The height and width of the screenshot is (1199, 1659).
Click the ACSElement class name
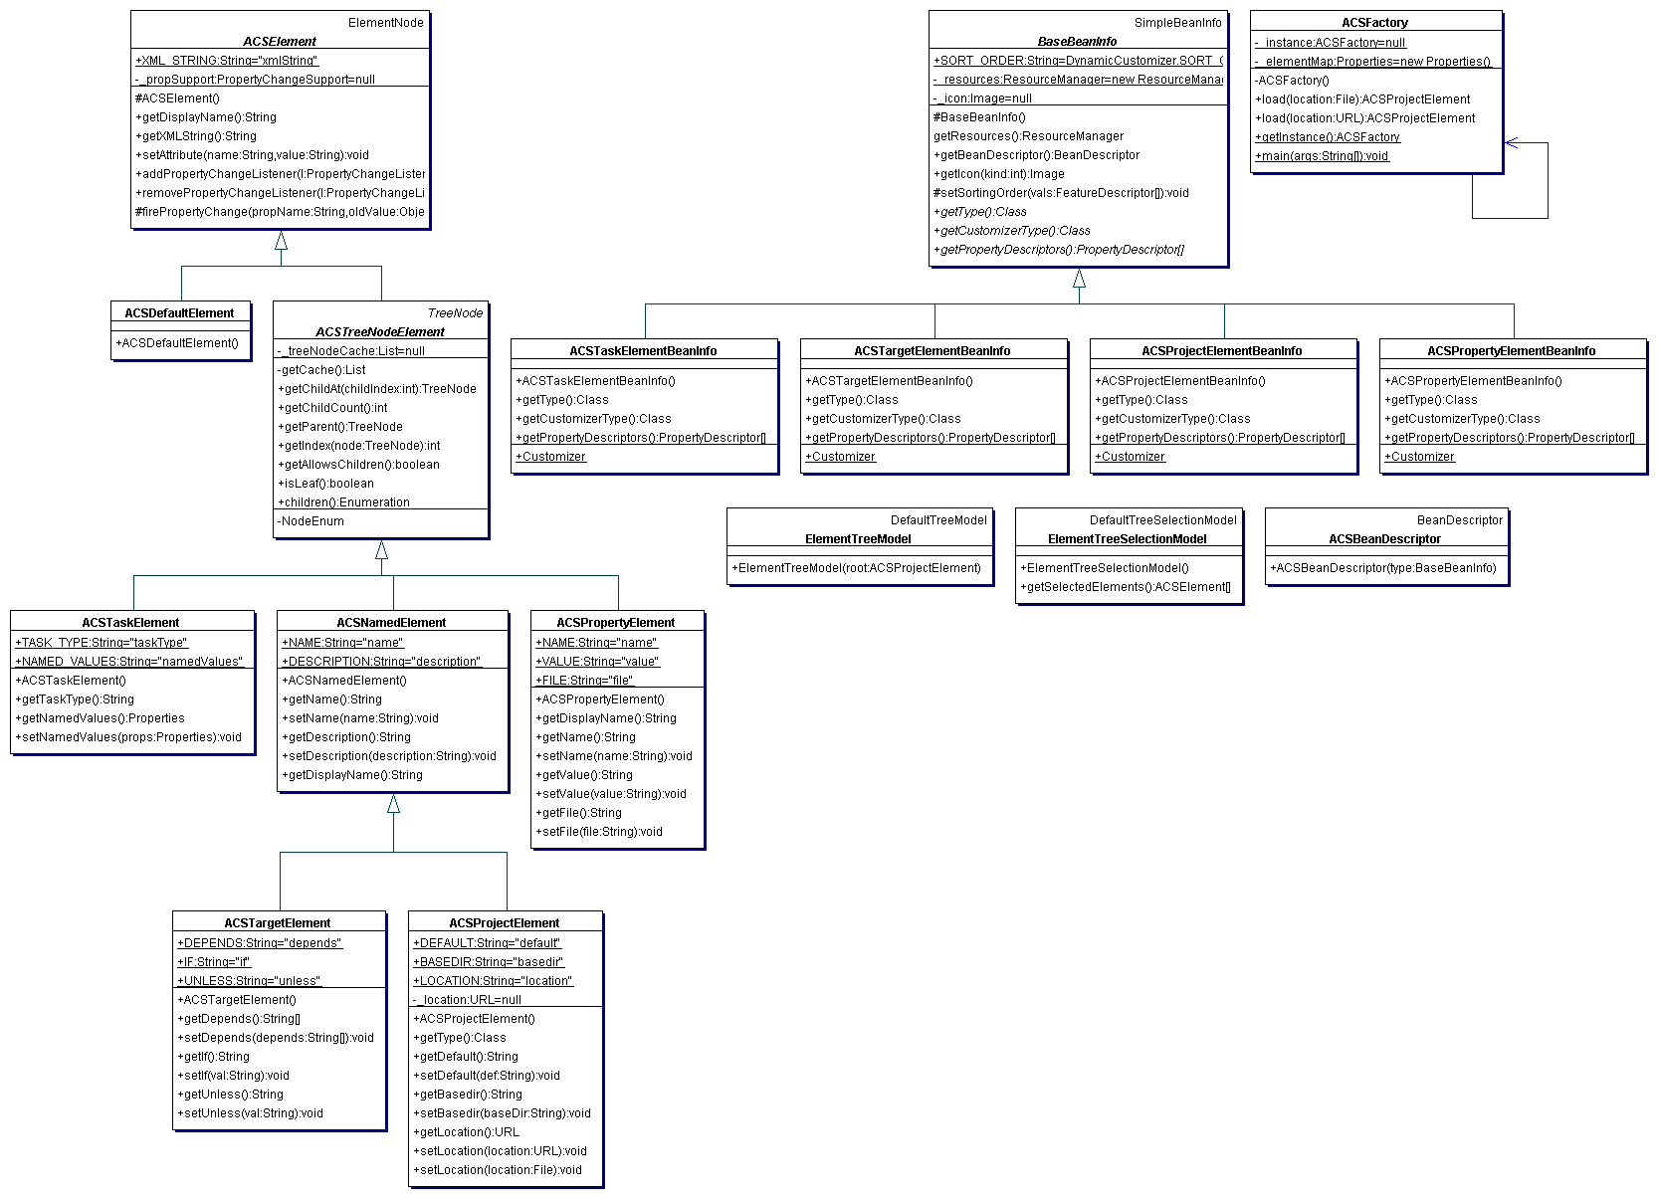[x=280, y=42]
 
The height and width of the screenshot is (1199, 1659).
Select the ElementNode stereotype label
[x=385, y=23]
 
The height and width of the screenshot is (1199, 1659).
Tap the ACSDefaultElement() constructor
[x=177, y=343]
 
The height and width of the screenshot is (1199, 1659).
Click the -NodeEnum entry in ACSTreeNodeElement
[x=312, y=521]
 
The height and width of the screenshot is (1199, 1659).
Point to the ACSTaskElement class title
[x=130, y=623]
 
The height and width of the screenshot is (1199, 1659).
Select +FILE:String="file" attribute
[x=584, y=681]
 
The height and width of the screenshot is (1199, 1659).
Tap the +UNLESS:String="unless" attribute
[x=249, y=981]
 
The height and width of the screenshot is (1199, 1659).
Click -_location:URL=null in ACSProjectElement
[x=468, y=1000]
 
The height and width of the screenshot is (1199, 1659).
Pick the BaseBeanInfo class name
[x=1077, y=42]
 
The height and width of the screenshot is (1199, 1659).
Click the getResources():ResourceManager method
[x=1028, y=136]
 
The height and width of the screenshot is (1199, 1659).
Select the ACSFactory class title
[x=1374, y=23]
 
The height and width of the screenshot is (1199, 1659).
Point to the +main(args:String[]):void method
[x=1322, y=156]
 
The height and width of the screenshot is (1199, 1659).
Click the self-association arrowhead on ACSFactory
[x=1511, y=143]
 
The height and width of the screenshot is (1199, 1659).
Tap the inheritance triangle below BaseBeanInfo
[x=1079, y=279]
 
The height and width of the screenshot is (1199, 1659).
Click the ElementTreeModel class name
[x=858, y=539]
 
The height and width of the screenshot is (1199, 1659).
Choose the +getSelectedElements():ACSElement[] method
[x=1126, y=587]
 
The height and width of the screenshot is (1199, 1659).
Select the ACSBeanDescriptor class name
[x=1384, y=539]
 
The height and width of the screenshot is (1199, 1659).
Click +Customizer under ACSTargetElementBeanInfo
[x=841, y=457]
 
